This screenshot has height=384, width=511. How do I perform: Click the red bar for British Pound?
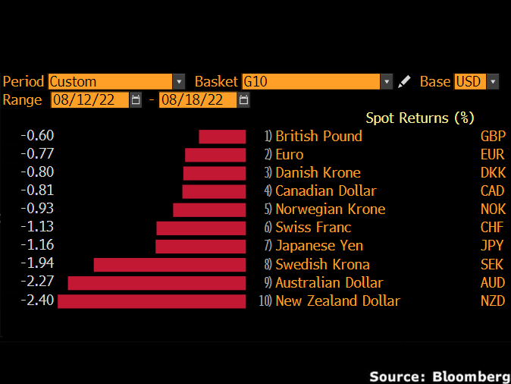tap(222, 137)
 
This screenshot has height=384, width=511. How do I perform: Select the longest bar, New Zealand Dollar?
tap(152, 301)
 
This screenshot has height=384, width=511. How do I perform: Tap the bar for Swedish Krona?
tap(170, 265)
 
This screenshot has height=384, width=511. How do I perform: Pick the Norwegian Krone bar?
tap(209, 209)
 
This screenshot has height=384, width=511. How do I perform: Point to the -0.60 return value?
tap(37, 136)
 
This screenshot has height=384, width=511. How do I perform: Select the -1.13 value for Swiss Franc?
tap(37, 227)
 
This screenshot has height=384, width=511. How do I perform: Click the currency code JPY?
tap(493, 246)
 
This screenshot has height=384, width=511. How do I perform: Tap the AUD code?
tap(493, 282)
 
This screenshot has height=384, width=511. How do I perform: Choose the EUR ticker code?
tap(493, 155)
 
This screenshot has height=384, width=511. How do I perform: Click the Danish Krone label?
tap(318, 172)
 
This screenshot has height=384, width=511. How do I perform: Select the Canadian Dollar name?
tap(325, 190)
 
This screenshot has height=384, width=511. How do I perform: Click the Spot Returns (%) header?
tap(419, 118)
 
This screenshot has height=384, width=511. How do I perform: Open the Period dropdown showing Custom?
tap(116, 81)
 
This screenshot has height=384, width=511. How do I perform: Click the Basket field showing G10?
tap(316, 81)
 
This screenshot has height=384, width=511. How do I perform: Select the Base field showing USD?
tap(475, 81)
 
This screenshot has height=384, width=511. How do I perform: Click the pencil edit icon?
tap(405, 81)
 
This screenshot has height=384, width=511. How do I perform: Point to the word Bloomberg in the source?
tap(471, 376)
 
